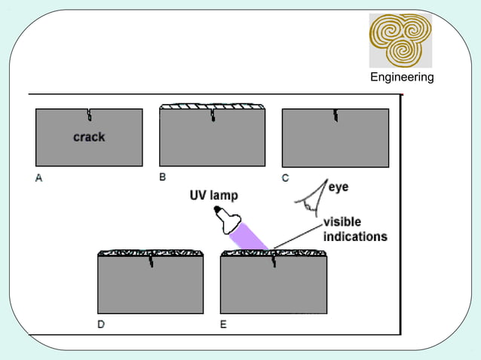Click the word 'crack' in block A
(89, 137)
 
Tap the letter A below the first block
(38, 178)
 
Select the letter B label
(162, 177)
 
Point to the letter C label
(285, 178)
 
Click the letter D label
(101, 325)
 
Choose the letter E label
(223, 325)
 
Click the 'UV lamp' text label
(213, 196)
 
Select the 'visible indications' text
(355, 229)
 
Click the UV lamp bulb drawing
(227, 220)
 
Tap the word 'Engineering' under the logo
(401, 78)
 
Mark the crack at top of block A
(89, 114)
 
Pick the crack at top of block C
(335, 114)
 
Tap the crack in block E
(273, 261)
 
